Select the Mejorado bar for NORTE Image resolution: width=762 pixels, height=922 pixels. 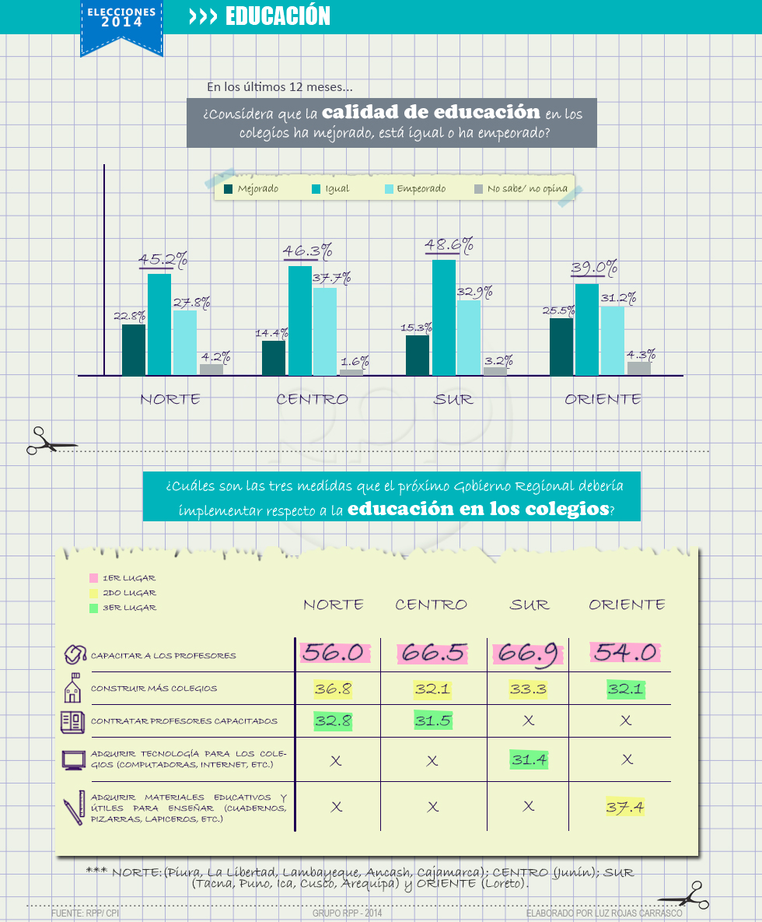[134, 350]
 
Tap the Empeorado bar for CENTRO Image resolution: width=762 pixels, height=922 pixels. [325, 331]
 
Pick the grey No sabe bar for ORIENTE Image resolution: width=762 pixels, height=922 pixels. [639, 368]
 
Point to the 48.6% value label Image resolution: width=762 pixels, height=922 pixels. [449, 246]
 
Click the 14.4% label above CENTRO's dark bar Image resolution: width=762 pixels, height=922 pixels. [271, 333]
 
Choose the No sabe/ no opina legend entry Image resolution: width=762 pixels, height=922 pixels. [521, 189]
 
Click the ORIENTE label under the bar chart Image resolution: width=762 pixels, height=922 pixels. [603, 399]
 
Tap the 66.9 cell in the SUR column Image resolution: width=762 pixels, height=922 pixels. [527, 654]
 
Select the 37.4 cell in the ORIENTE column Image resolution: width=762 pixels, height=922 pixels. [625, 807]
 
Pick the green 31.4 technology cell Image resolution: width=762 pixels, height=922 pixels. [529, 759]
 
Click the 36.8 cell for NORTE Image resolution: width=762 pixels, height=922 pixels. [333, 689]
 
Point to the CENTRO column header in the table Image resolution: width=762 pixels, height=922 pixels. [431, 605]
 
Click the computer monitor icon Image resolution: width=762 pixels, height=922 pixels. [73, 759]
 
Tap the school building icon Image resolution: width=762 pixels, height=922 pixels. [73, 688]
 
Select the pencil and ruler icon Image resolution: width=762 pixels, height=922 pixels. [73, 808]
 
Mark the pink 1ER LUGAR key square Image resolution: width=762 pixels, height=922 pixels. [93, 578]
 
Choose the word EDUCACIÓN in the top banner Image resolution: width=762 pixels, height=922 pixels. [278, 16]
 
